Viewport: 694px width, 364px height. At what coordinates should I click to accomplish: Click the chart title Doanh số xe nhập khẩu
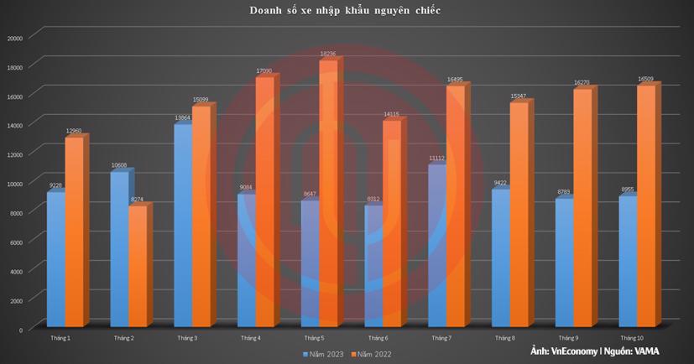tap(346, 11)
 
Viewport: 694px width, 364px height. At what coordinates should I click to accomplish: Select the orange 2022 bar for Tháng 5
tap(328, 193)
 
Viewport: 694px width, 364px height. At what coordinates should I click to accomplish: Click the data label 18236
tap(329, 55)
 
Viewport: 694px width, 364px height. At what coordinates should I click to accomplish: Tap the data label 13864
tap(183, 118)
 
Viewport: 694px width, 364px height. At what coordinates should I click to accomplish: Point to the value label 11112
tap(437, 159)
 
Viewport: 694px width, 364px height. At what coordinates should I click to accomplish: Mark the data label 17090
tap(265, 71)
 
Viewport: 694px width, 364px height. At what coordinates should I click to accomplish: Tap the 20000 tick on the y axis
tap(14, 38)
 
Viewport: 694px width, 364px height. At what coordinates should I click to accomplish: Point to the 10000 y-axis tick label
tap(14, 184)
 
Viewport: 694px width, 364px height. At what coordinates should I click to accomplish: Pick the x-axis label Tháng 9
tap(567, 338)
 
